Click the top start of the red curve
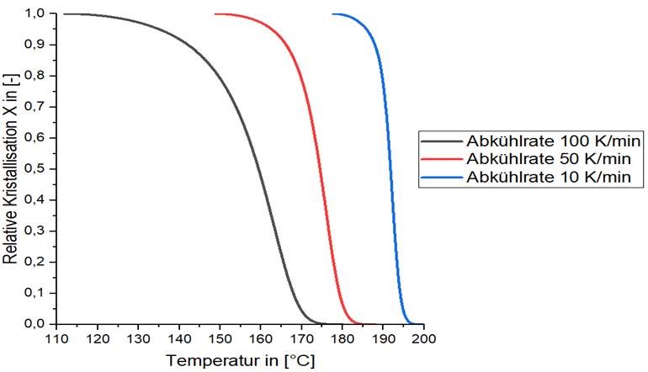point(215,14)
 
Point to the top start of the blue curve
point(333,14)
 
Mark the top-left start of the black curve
point(64,14)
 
